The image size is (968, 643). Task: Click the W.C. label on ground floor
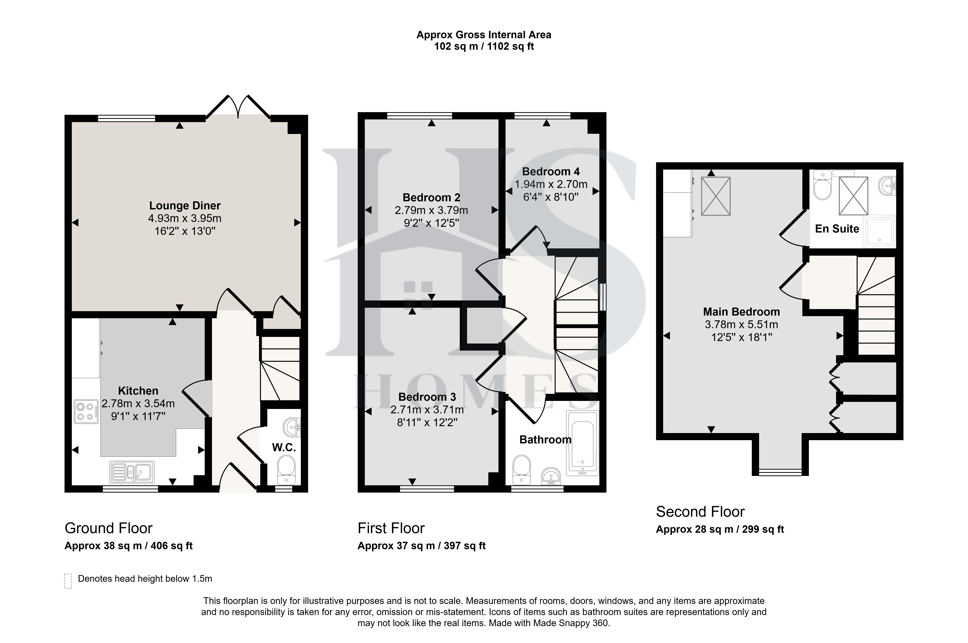(x=284, y=447)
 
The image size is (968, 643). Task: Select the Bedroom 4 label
(x=551, y=171)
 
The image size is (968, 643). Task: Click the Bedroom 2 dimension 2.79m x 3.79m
(x=431, y=210)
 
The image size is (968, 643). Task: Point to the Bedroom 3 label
(x=427, y=397)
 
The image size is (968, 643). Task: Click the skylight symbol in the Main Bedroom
(x=716, y=196)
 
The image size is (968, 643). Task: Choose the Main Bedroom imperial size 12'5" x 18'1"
(x=741, y=337)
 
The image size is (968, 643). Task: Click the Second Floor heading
(x=700, y=512)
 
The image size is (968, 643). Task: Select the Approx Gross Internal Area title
(x=484, y=35)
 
